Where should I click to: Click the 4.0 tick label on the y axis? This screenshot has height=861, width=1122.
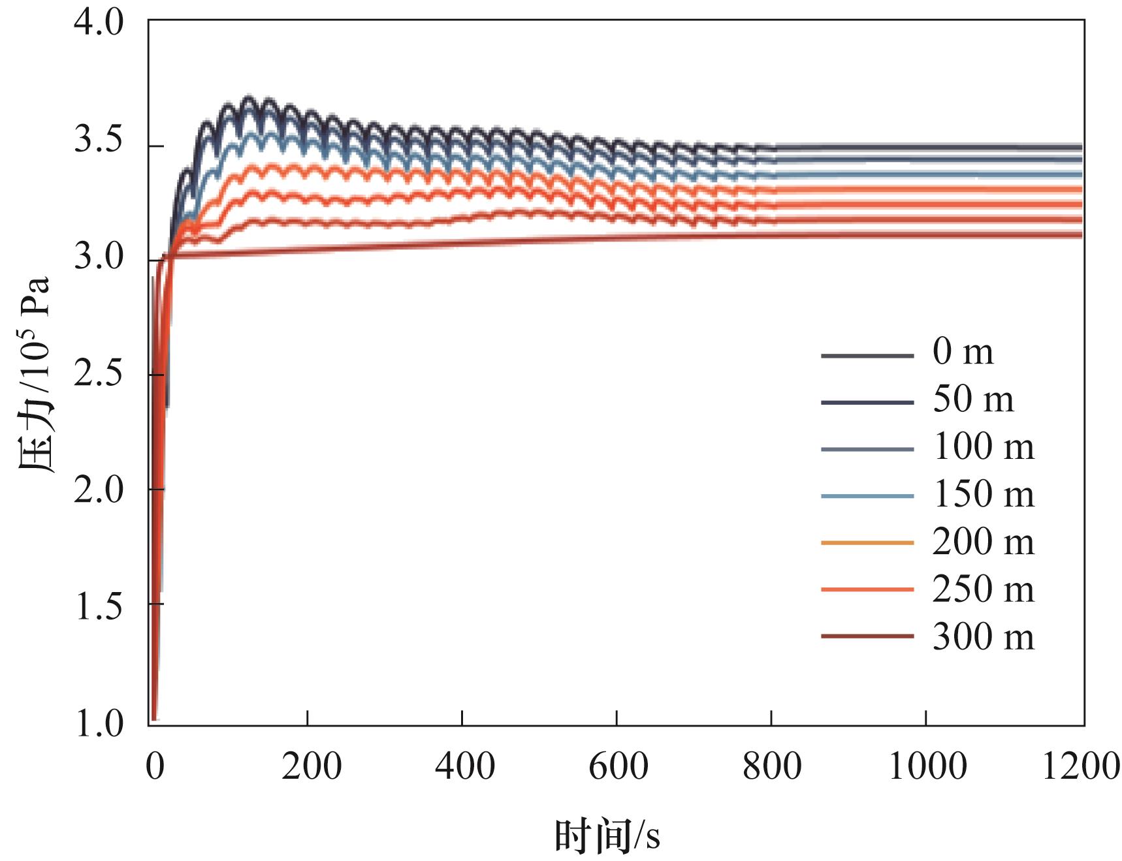99,24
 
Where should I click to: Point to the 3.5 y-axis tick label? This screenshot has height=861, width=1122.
99,141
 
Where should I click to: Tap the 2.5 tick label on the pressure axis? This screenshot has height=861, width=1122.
99,374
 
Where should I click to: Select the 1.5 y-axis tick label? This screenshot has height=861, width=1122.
99,606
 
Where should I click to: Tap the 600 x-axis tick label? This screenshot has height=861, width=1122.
618,766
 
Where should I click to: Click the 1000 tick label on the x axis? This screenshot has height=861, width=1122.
927,766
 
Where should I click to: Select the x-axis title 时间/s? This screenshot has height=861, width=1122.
607,836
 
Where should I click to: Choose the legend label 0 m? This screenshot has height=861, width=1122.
963,352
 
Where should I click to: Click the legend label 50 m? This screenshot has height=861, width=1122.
973,399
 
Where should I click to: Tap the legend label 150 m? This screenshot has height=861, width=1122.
983,495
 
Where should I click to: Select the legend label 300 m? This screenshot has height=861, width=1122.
983,637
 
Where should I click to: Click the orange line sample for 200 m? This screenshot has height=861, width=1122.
867,542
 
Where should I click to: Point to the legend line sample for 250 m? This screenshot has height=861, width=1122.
867,589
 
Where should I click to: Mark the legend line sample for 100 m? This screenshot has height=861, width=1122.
867,448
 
